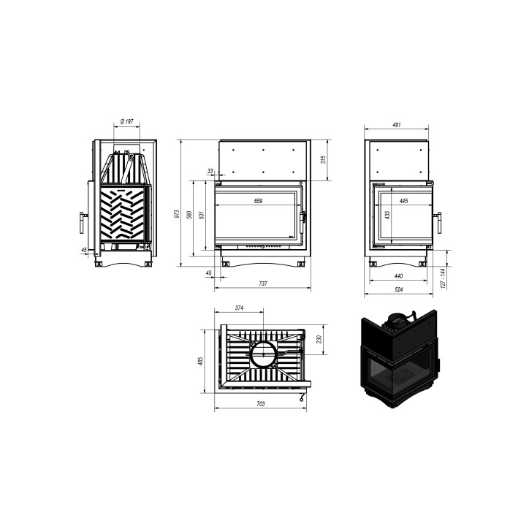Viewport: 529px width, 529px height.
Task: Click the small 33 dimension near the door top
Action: coord(210,171)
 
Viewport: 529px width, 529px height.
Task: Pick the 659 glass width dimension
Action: coord(258,200)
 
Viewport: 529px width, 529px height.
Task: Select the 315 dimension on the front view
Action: coord(322,159)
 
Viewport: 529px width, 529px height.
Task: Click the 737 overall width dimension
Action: coord(263,283)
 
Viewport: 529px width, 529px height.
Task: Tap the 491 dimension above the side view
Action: coord(397,125)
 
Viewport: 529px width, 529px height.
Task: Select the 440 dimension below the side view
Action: coord(398,275)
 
